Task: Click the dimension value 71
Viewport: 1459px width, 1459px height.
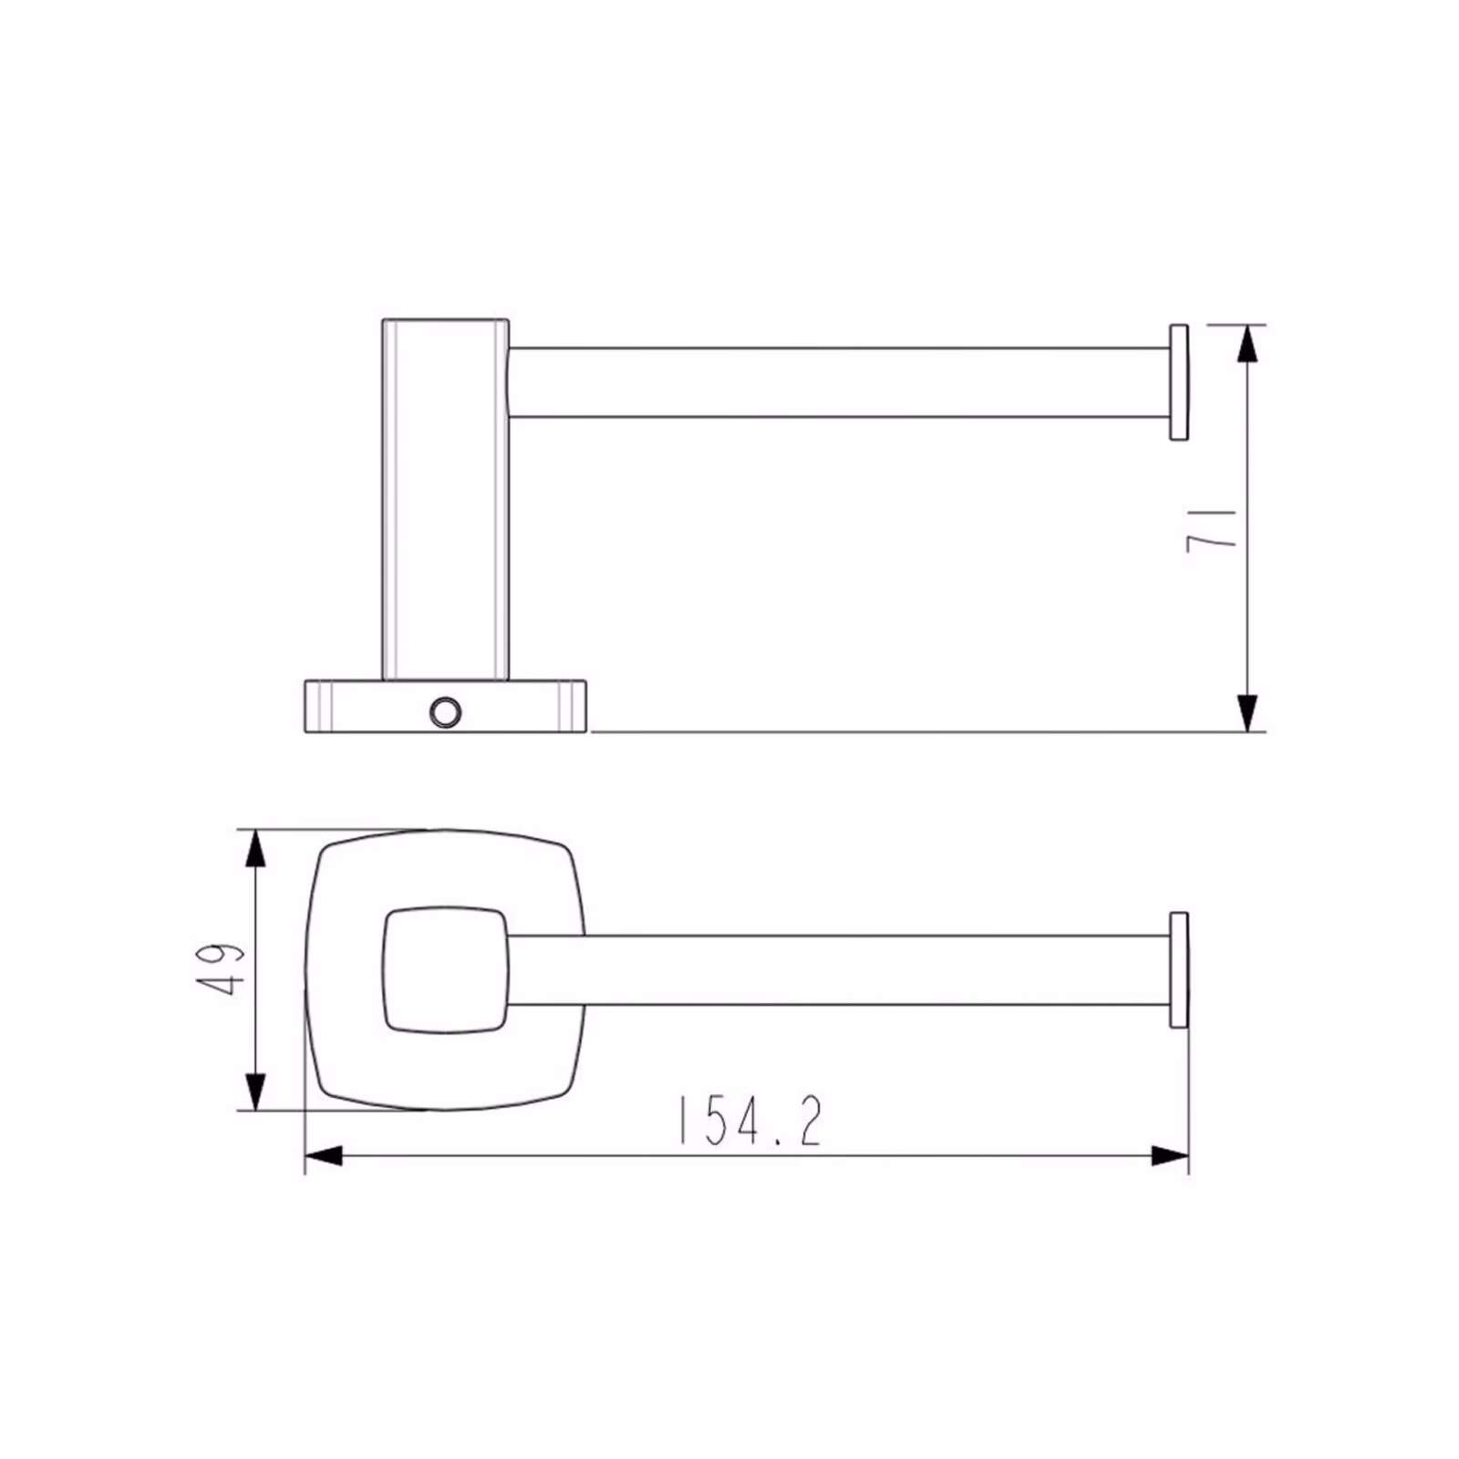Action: coord(1213,528)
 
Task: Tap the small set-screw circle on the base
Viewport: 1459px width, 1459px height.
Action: coord(446,711)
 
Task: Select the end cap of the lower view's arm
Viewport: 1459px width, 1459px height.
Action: coord(1178,969)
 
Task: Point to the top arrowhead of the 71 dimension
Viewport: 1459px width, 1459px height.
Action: coord(1248,342)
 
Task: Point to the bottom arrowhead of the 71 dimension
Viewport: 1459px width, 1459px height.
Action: coord(1248,713)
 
